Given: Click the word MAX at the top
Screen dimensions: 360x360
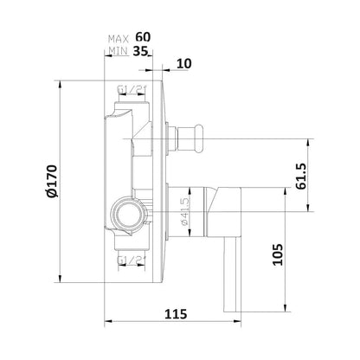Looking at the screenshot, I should [x=119, y=39].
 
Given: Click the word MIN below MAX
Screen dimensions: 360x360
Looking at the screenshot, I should [x=119, y=52].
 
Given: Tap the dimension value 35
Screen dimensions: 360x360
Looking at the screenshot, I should [x=143, y=52].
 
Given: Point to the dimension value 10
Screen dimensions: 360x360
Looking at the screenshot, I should [x=183, y=64].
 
